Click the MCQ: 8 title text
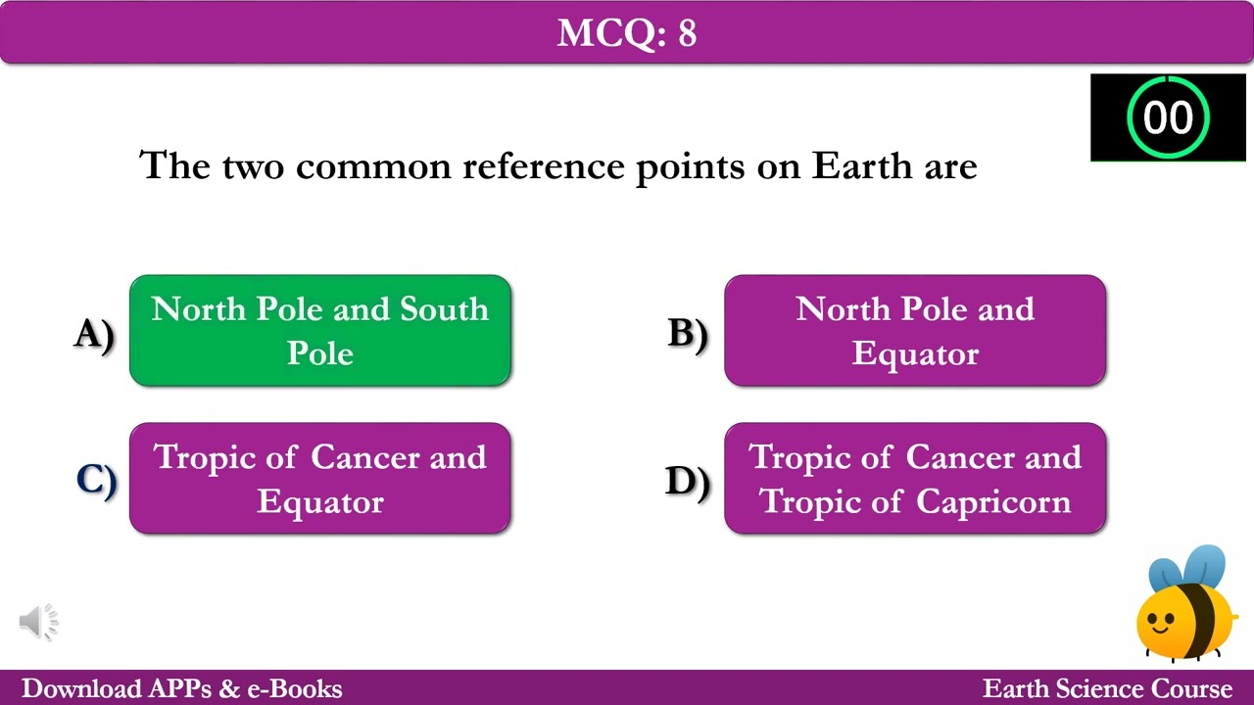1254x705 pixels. click(x=627, y=33)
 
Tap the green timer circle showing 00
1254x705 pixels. click(x=1168, y=117)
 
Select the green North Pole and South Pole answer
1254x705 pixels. click(x=320, y=331)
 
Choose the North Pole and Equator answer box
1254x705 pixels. click(x=915, y=331)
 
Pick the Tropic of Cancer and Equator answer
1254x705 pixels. click(x=320, y=479)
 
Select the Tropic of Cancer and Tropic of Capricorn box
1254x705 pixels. click(x=915, y=479)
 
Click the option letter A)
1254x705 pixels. click(x=94, y=334)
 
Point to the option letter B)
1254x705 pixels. click(x=688, y=334)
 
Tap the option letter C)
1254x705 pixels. click(x=96, y=481)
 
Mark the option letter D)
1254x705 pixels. click(x=688, y=481)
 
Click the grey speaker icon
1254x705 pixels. click(x=39, y=621)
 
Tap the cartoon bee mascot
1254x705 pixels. click(x=1185, y=607)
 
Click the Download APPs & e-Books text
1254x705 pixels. click(x=182, y=688)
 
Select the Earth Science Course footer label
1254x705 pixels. click(x=1107, y=688)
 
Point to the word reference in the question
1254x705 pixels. click(x=544, y=165)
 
